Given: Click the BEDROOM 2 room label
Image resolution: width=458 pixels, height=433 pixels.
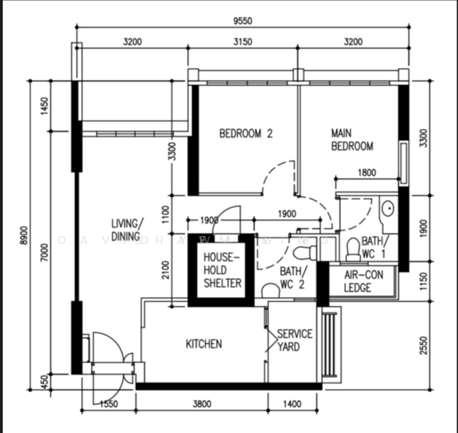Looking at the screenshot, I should [x=246, y=133].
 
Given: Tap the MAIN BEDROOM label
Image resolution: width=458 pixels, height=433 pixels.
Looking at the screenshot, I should [x=352, y=140].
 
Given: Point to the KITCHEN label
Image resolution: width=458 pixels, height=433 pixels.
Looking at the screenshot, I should [x=204, y=344].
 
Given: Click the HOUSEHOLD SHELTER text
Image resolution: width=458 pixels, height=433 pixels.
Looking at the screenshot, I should [x=222, y=270].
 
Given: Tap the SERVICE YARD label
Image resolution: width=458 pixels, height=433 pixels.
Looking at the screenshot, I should [x=295, y=340].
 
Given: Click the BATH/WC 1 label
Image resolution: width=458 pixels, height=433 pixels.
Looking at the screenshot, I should [x=373, y=247].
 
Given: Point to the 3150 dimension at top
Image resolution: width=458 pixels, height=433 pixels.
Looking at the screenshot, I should [x=242, y=42].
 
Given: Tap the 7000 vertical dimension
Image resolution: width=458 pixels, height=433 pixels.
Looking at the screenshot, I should [x=45, y=253].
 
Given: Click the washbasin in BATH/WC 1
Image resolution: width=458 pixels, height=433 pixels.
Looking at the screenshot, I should [x=388, y=209].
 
